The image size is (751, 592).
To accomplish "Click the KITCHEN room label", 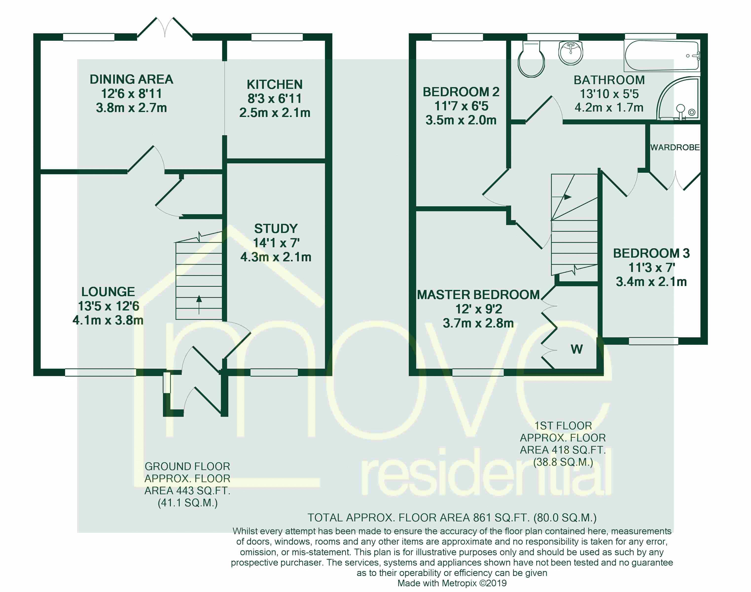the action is coord(275,84).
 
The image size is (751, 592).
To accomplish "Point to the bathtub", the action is coord(662,56).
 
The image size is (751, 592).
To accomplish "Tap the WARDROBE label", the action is coord(675,147).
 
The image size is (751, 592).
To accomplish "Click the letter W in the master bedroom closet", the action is coord(576,349).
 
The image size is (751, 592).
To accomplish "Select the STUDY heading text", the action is coord(276,229).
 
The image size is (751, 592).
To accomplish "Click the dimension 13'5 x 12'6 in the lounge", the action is coord(108,306).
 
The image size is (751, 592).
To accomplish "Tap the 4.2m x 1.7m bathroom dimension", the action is coord(609,107).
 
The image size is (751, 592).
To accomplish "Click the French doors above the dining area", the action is coord(165,28).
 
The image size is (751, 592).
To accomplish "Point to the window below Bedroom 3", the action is coord(653,341).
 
